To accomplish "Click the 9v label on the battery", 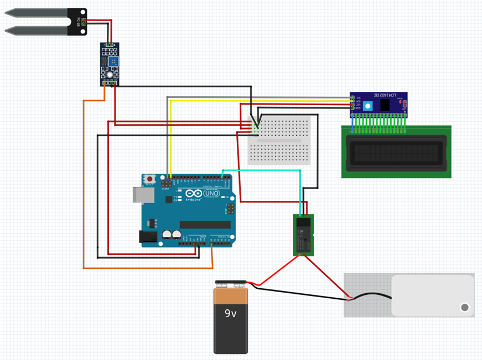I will pyautogui.click(x=231, y=313).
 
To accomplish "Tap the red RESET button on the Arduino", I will pyautogui.click(x=149, y=179).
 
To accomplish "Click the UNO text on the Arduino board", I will pyautogui.click(x=212, y=194).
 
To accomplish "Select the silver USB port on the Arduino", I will pyautogui.click(x=140, y=194).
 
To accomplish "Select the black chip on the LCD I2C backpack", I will pyautogui.click(x=384, y=105).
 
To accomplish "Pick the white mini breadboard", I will pyautogui.click(x=279, y=141).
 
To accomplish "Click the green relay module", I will pyautogui.click(x=304, y=235).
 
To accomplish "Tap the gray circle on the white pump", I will pyautogui.click(x=464, y=307).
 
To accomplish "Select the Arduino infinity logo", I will pyautogui.click(x=193, y=194).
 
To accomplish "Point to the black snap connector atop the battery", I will pyautogui.click(x=231, y=284).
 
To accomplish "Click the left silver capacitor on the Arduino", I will pyautogui.click(x=167, y=236).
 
